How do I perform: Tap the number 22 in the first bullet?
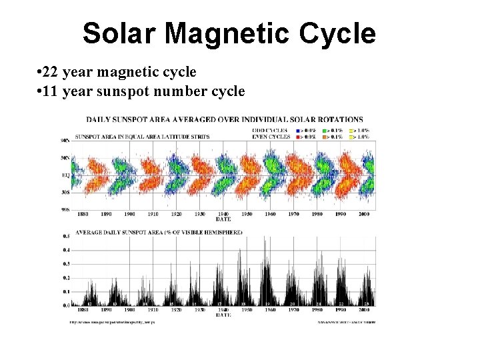click(51, 72)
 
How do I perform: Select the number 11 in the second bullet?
click(51, 91)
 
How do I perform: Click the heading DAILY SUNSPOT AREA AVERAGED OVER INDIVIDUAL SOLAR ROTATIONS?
click(225, 120)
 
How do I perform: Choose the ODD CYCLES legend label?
click(269, 130)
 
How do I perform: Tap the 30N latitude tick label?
click(65, 159)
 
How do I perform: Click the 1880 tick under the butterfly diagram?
click(82, 214)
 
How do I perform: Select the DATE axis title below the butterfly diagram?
click(224, 219)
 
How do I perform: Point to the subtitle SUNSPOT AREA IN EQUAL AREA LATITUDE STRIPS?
click(142, 137)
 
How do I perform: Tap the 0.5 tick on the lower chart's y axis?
click(65, 236)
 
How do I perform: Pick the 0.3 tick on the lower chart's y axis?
click(65, 264)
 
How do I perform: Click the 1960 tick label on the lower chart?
click(270, 309)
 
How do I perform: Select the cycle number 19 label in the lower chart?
click(269, 303)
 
